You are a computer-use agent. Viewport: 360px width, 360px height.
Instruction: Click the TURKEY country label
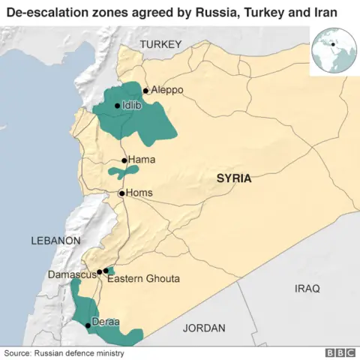coord(160,45)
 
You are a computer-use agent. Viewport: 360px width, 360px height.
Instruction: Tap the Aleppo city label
coord(166,90)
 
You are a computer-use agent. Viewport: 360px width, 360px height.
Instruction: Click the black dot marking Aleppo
coord(145,90)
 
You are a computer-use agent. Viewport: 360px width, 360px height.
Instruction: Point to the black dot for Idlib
coord(117,106)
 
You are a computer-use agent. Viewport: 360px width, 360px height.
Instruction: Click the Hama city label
coord(142,160)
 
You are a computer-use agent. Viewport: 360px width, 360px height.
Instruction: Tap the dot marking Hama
coord(124,160)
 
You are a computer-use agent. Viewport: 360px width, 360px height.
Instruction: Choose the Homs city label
coord(139,193)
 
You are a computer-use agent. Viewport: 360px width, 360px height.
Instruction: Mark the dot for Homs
coord(121,193)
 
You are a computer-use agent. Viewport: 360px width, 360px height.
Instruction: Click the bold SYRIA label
coord(233,178)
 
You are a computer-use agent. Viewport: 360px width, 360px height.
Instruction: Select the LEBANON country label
coord(55,241)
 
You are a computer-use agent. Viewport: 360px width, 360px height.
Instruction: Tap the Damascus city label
coord(72,274)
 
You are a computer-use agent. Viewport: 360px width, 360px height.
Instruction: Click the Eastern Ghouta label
coord(143,279)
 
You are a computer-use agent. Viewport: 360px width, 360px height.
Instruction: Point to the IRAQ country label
coord(307,288)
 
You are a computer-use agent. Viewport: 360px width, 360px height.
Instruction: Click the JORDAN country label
coord(203,328)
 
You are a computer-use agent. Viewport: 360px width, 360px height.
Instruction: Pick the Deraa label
coord(106,322)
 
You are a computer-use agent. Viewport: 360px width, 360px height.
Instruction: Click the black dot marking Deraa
coord(88,325)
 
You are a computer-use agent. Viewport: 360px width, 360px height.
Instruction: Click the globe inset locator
coord(333,50)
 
